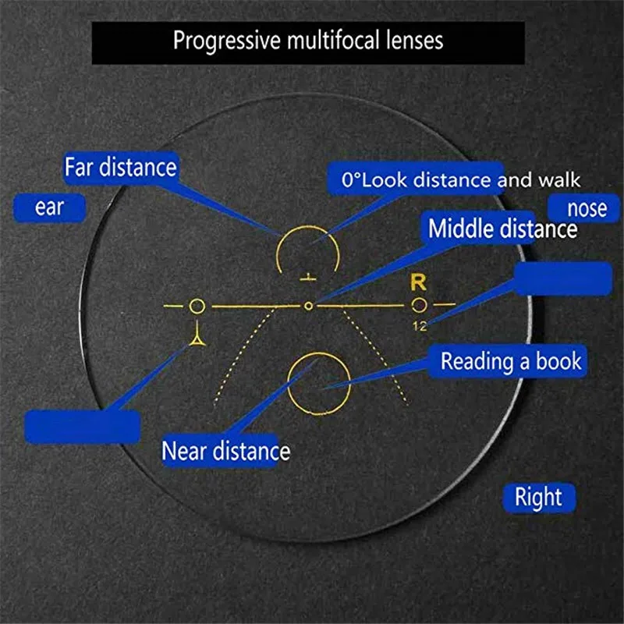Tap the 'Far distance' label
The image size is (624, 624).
point(121,167)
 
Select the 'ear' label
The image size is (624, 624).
point(49,208)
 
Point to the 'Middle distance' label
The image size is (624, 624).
point(502,229)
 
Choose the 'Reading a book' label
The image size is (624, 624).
point(511,361)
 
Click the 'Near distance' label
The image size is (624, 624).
point(225,451)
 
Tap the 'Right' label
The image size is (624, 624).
point(538,497)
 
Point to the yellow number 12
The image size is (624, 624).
point(420,326)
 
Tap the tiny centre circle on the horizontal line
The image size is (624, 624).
point(309,305)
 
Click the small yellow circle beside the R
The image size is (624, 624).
point(420,304)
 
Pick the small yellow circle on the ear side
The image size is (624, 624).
point(197,305)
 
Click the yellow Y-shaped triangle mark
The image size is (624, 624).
point(197,338)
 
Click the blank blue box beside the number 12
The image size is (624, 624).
point(563,278)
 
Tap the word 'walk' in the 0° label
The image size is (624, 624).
point(558,181)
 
